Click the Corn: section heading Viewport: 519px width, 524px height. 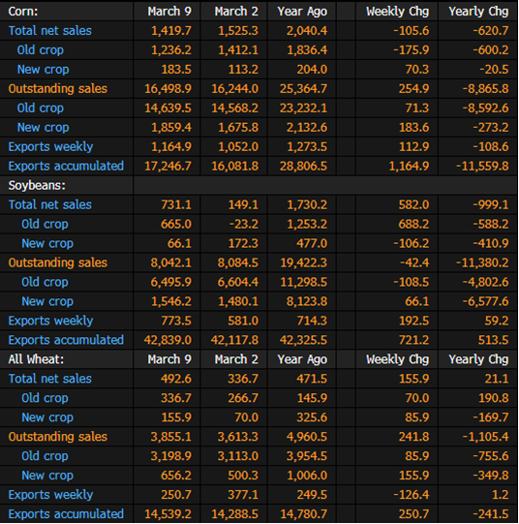coord(23,12)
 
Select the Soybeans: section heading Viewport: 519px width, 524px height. coord(37,185)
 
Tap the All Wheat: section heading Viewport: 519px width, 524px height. coord(36,359)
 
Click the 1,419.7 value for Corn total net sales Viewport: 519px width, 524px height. coord(171,31)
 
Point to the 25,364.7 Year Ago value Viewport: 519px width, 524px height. coord(304,88)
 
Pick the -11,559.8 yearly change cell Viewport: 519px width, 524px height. coord(482,166)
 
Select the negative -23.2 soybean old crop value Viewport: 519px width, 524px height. coord(244,224)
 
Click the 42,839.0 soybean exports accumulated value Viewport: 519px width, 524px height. coord(168,340)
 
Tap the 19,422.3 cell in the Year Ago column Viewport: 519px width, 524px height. coord(304,262)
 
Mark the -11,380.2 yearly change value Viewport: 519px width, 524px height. coord(482,262)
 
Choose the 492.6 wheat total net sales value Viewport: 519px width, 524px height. coord(176,379)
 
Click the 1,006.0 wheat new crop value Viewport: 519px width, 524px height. coord(307,476)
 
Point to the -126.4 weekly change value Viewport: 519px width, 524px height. coord(412,495)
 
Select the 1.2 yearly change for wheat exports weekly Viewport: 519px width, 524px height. coord(501,495)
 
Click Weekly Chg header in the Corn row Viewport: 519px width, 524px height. coord(397,12)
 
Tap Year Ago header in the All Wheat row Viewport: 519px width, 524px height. coord(302,359)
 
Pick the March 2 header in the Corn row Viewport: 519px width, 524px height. coord(236,12)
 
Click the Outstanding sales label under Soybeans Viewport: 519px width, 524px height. coord(58,262)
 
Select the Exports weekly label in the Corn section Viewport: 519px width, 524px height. coord(50,146)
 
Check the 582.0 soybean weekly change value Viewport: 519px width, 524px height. coord(413,204)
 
